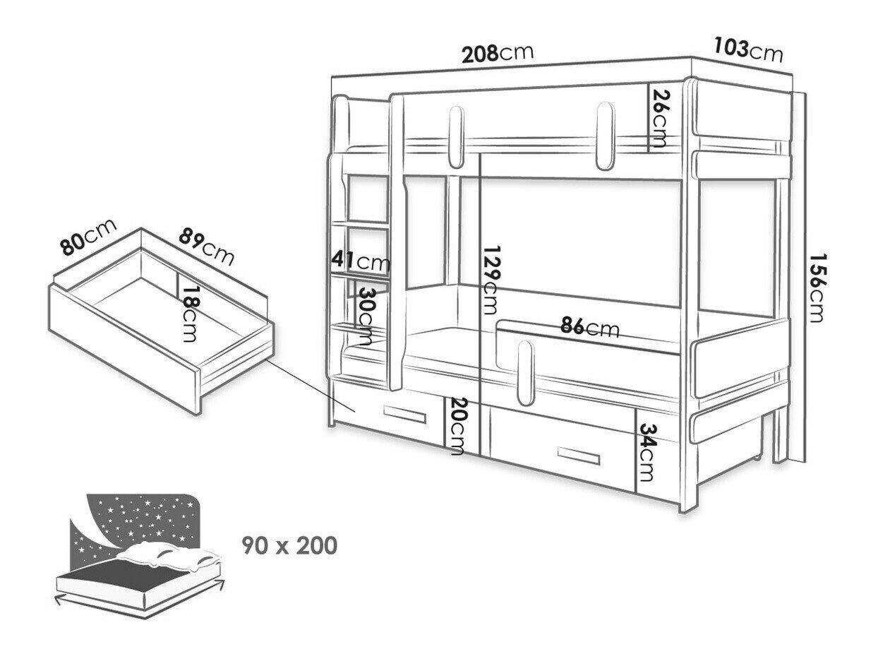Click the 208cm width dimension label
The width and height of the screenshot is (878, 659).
tap(497, 54)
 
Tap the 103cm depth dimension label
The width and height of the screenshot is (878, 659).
tap(747, 50)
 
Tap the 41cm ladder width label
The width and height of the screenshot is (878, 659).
tap(361, 262)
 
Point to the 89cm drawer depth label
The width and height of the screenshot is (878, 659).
tap(205, 245)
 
